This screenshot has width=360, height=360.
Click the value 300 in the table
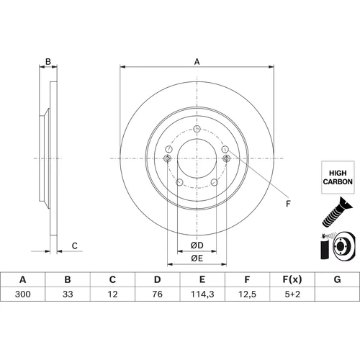coord(23,294)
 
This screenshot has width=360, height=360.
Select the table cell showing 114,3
coord(202,294)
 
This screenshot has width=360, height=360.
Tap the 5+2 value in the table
coord(292,294)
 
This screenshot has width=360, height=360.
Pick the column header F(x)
coord(292,279)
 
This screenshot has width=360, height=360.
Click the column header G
coord(337,279)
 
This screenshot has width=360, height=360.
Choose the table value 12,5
coord(247,294)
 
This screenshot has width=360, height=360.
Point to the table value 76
coord(158,294)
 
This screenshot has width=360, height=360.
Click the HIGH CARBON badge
coord(338,177)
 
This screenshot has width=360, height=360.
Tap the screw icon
coord(337,212)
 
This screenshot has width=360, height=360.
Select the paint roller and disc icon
coord(337,246)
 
